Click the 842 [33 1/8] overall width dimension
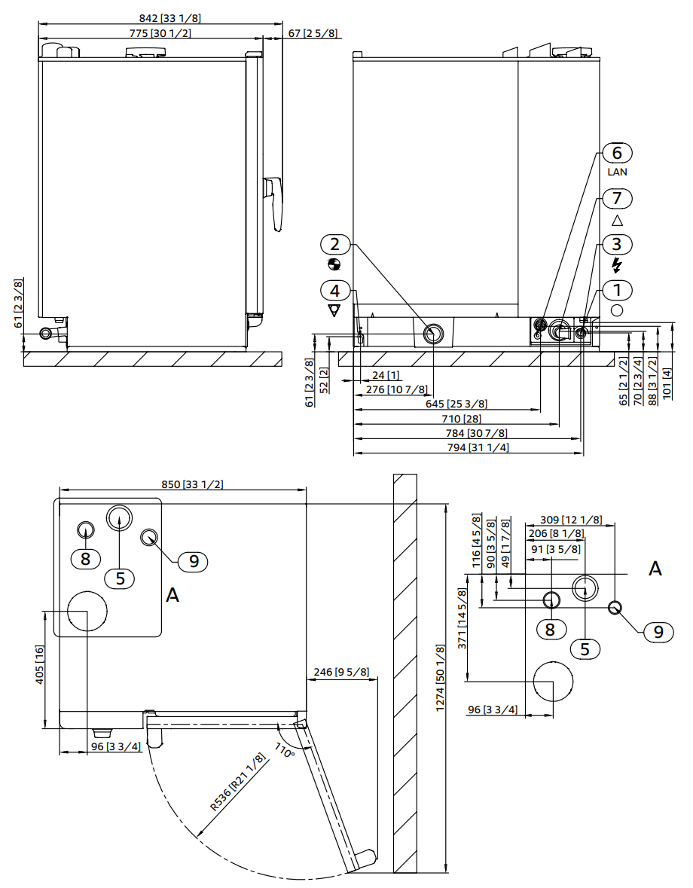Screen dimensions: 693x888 [169, 18]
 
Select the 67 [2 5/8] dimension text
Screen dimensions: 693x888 [313, 33]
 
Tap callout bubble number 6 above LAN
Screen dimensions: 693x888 [617, 153]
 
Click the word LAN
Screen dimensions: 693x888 [617, 172]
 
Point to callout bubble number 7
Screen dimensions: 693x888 [617, 198]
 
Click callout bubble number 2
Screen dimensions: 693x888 [335, 244]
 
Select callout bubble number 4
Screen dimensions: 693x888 [335, 291]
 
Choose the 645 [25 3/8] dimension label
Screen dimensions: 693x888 [456, 404]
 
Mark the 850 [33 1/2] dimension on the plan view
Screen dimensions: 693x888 [193, 485]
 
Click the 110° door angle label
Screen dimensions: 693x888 [285, 750]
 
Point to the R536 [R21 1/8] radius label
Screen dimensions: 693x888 [238, 782]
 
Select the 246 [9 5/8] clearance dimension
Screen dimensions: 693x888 [341, 673]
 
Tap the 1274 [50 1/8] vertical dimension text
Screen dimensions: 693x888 [441, 678]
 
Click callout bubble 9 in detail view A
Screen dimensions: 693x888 [658, 632]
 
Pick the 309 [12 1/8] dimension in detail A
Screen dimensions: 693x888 [571, 520]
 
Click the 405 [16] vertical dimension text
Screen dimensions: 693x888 [40, 665]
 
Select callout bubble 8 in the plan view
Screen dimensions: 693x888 [85, 559]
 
